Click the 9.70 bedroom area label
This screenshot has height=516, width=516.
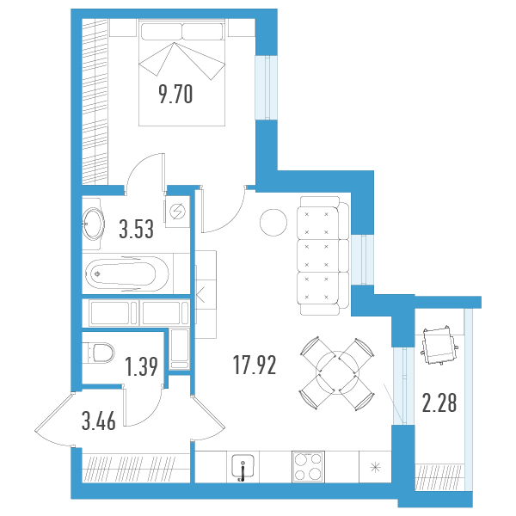[175, 94]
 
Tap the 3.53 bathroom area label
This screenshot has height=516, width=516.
[136, 229]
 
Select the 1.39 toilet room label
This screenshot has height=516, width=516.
[142, 366]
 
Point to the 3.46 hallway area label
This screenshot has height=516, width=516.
[99, 421]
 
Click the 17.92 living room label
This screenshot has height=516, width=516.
[255, 365]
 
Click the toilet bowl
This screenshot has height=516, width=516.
[98, 353]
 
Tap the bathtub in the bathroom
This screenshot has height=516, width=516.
[126, 273]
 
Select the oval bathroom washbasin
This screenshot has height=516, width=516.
[93, 224]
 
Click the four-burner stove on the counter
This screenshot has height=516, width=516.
[308, 467]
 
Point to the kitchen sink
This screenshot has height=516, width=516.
[243, 466]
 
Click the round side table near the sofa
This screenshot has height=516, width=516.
[273, 223]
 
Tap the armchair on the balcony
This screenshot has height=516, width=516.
[439, 346]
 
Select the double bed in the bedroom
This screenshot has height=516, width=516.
[181, 72]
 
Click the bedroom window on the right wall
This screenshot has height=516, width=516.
[267, 88]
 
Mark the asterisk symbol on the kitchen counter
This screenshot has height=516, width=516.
[375, 467]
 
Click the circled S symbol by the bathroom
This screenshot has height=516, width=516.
[177, 212]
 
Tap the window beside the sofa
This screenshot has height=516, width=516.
[362, 260]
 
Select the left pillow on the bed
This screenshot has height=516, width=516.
[162, 31]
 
